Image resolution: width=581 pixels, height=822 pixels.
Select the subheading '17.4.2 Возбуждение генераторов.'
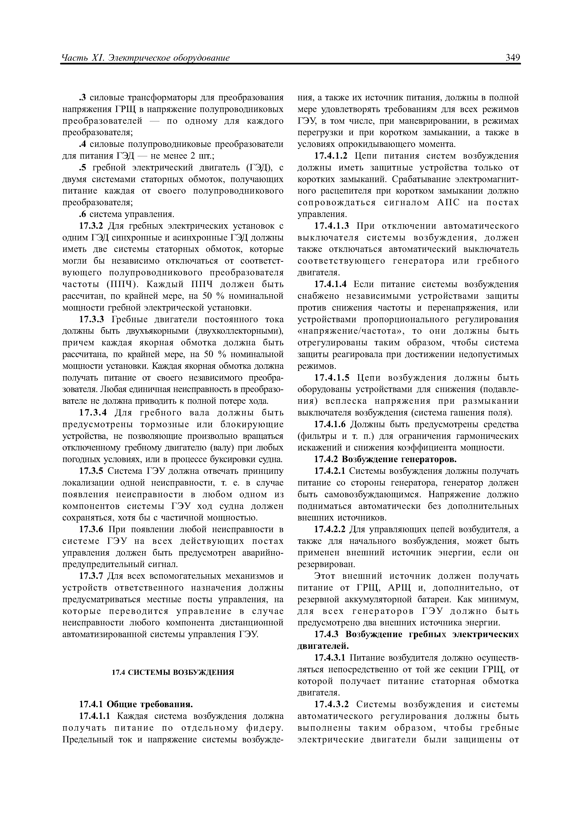coord(385,459)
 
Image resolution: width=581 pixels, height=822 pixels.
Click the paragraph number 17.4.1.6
coord(330,424)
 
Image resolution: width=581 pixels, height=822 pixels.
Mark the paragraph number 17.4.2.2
coord(330,529)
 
